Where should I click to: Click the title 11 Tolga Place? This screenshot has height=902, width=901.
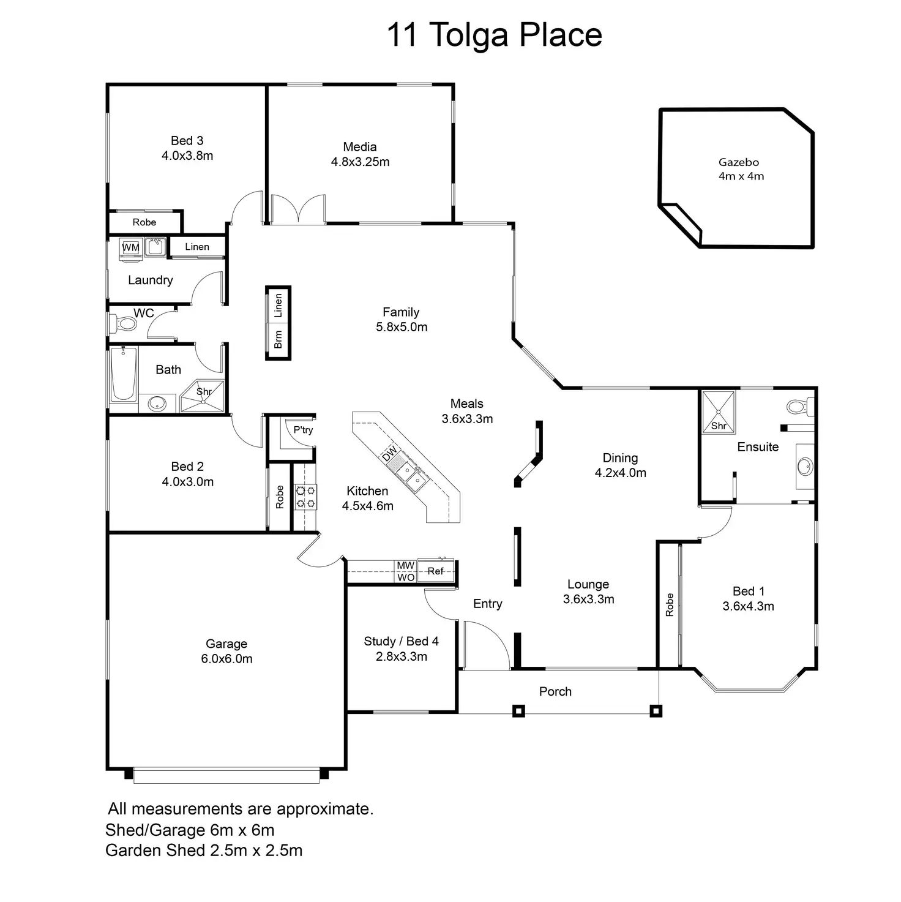pyautogui.click(x=495, y=35)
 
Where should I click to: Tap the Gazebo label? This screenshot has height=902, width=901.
pyautogui.click(x=739, y=162)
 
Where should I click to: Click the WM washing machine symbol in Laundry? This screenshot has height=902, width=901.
pyautogui.click(x=130, y=247)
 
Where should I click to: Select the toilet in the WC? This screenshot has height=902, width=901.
pyautogui.click(x=124, y=323)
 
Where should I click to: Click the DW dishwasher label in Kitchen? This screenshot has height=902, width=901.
pyautogui.click(x=390, y=455)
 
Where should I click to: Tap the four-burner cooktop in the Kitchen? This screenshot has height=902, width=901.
pyautogui.click(x=305, y=497)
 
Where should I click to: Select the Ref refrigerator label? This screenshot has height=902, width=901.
pyautogui.click(x=435, y=571)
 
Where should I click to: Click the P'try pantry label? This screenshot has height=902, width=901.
pyautogui.click(x=303, y=430)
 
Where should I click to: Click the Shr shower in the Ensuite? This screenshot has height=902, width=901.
pyautogui.click(x=718, y=412)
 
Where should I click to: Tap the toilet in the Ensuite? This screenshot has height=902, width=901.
pyautogui.click(x=799, y=406)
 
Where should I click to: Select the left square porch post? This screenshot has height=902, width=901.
pyautogui.click(x=518, y=711)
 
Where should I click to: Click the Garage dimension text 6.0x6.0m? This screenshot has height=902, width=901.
pyautogui.click(x=226, y=659)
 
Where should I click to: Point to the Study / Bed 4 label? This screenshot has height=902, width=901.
pyautogui.click(x=401, y=641)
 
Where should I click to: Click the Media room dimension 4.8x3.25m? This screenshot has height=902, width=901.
pyautogui.click(x=360, y=162)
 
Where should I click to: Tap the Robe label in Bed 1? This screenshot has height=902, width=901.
pyautogui.click(x=670, y=604)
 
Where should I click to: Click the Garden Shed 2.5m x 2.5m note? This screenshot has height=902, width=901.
pyautogui.click(x=204, y=851)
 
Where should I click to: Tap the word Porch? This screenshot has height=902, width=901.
pyautogui.click(x=555, y=691)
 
